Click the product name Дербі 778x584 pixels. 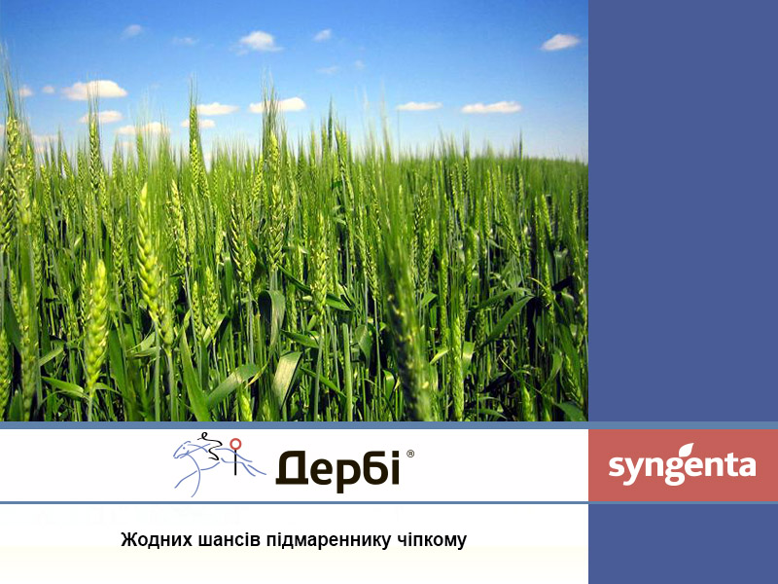pyautogui.click(x=337, y=470)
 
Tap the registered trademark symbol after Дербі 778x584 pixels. pyautogui.click(x=409, y=454)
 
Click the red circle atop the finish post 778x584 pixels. pyautogui.click(x=235, y=443)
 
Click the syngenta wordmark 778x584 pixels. pyautogui.click(x=683, y=465)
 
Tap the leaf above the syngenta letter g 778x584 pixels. pyautogui.click(x=688, y=450)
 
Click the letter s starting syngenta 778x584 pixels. pyautogui.click(x=616, y=466)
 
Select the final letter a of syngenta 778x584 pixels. pyautogui.click(x=747, y=466)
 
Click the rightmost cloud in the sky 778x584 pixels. pyautogui.click(x=560, y=42)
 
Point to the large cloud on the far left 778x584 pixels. pyautogui.click(x=94, y=90)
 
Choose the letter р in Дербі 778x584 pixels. pyautogui.click(x=341, y=473)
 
